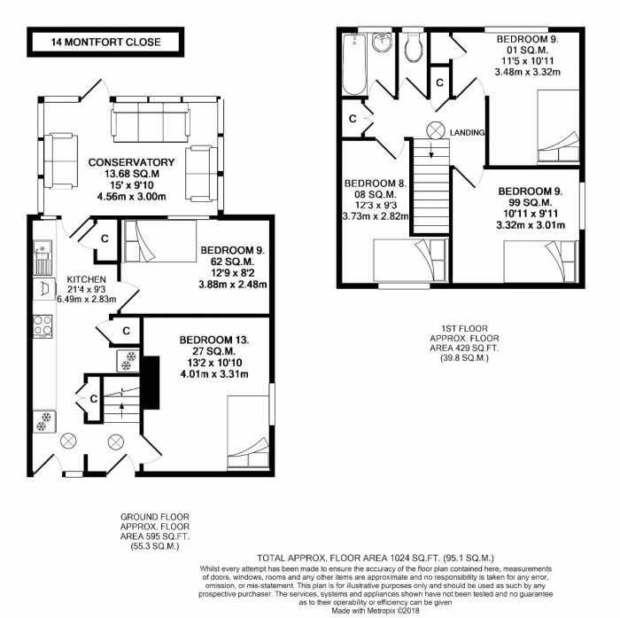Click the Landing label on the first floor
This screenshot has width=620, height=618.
(467, 133)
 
